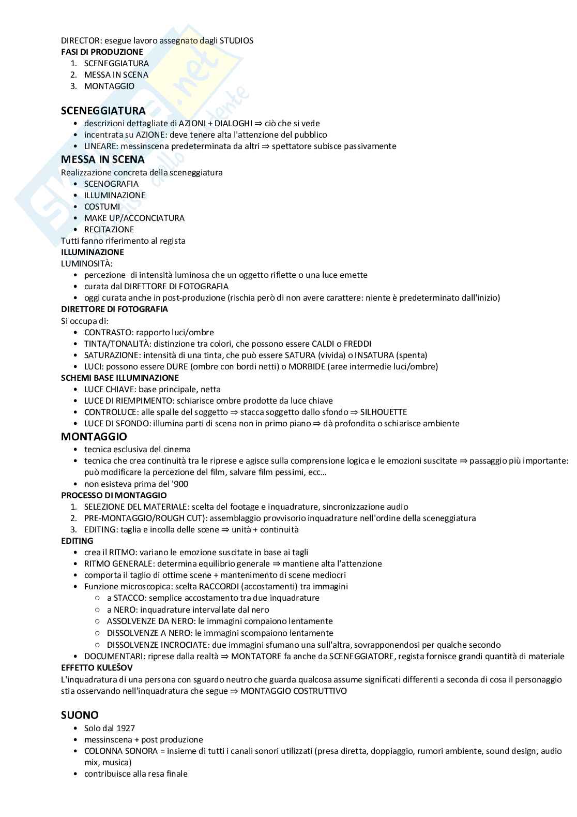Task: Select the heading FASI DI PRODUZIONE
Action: (x=102, y=52)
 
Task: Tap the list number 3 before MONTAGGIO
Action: (x=73, y=86)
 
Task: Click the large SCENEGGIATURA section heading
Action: (x=103, y=111)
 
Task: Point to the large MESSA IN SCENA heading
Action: (x=102, y=159)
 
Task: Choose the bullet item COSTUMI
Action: (x=102, y=206)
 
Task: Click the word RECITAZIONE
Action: (x=109, y=229)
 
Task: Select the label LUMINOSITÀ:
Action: (x=86, y=263)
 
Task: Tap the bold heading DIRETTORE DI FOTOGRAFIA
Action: (x=114, y=309)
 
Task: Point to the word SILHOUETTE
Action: (x=384, y=412)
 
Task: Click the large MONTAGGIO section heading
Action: (x=94, y=437)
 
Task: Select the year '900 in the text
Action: (x=178, y=484)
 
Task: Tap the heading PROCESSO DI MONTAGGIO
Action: (x=114, y=495)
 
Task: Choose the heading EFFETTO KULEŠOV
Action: (x=97, y=667)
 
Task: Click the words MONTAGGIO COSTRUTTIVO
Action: (x=294, y=691)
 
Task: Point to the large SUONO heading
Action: (x=80, y=715)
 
